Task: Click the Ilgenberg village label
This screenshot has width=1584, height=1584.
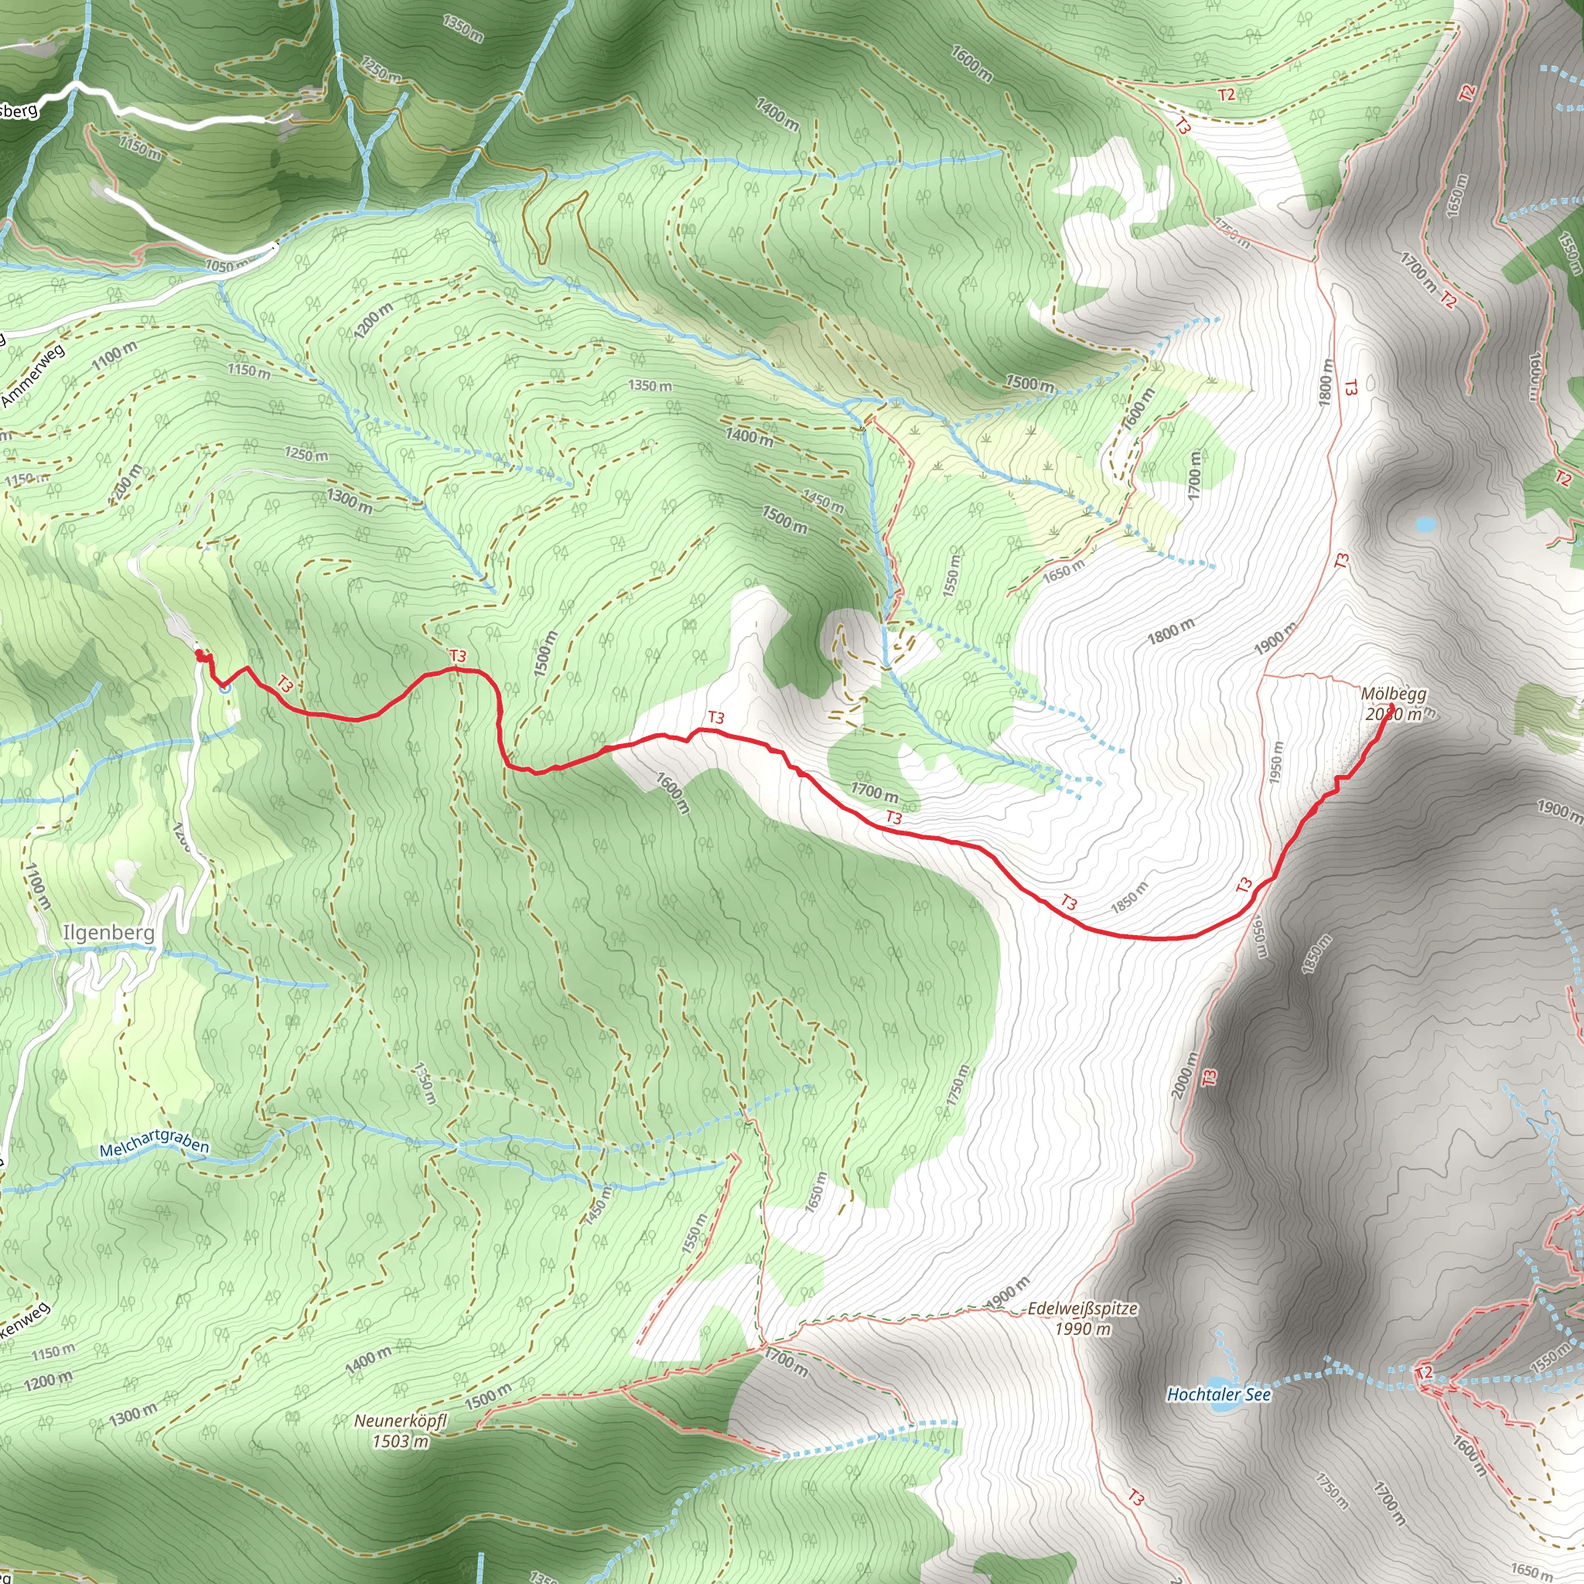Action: (108, 933)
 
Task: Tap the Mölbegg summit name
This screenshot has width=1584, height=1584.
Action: (1393, 695)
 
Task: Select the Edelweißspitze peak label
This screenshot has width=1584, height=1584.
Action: (1082, 1309)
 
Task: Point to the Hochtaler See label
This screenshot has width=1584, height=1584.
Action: (1218, 1394)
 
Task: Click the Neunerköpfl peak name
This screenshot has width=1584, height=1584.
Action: (400, 1421)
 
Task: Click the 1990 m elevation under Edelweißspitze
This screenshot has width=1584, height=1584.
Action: (1082, 1329)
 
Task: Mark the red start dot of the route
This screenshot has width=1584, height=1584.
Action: (200, 654)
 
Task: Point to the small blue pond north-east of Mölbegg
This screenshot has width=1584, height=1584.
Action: (1425, 523)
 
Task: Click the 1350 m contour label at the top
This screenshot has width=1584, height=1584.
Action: (463, 28)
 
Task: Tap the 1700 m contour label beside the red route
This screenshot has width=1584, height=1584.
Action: (874, 792)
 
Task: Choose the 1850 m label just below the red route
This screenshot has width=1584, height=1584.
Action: (1129, 898)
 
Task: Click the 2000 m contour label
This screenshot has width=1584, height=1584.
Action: (1184, 1074)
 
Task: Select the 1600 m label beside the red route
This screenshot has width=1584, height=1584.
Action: (673, 793)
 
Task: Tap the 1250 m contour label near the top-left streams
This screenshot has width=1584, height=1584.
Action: (381, 70)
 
